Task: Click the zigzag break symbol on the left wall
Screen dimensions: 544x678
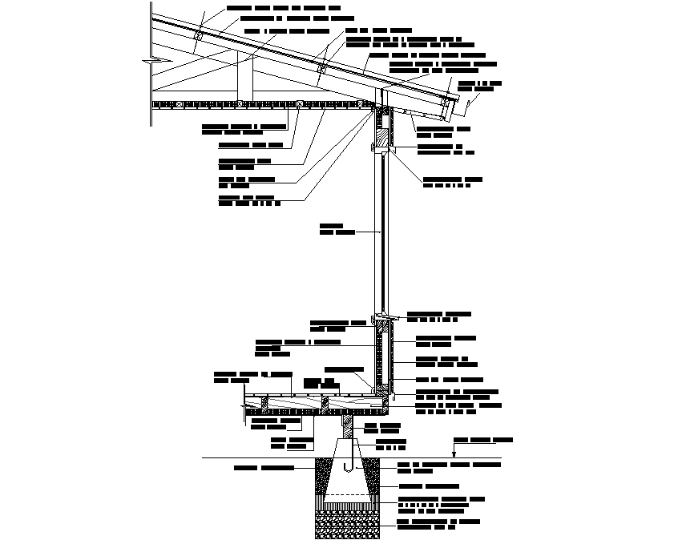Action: pos(149,60)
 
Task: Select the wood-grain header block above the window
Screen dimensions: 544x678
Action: pos(383,127)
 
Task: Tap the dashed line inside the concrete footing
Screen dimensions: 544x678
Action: pos(347,494)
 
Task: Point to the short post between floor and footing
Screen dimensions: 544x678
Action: pos(346,425)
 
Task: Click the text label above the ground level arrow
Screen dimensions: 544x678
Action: pos(482,440)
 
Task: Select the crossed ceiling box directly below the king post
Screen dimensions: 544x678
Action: pos(240,103)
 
